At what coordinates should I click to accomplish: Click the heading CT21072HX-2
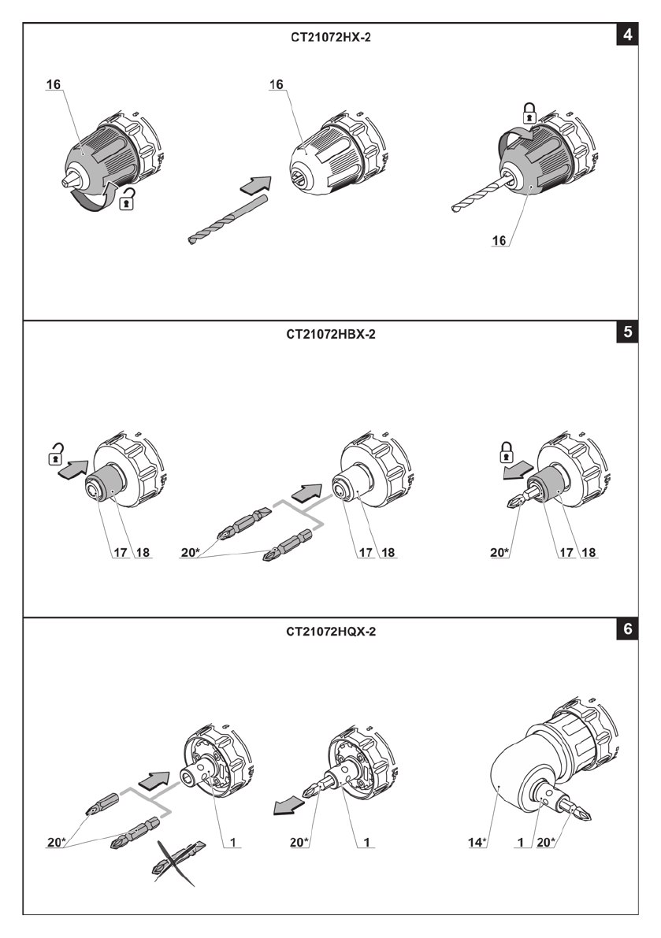coord(331,37)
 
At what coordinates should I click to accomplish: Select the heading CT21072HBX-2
coord(331,335)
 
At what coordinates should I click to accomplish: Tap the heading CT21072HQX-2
coord(331,632)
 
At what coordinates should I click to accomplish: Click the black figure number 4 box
coord(627,35)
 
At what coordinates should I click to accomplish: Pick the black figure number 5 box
coord(627,332)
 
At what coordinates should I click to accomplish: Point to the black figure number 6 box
coord(627,628)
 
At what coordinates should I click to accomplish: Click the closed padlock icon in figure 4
coord(529,113)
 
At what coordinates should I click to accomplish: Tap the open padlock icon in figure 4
coord(127,199)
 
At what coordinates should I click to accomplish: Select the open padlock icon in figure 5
coord(56,454)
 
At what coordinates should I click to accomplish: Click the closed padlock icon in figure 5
coord(507,451)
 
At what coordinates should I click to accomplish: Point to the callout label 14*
coord(477,842)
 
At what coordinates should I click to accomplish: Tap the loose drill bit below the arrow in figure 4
coord(228,220)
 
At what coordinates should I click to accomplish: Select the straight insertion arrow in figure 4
coord(256,185)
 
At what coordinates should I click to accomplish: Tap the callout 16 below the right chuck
coord(499,240)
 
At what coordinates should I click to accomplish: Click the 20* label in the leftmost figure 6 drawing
coord(56,842)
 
